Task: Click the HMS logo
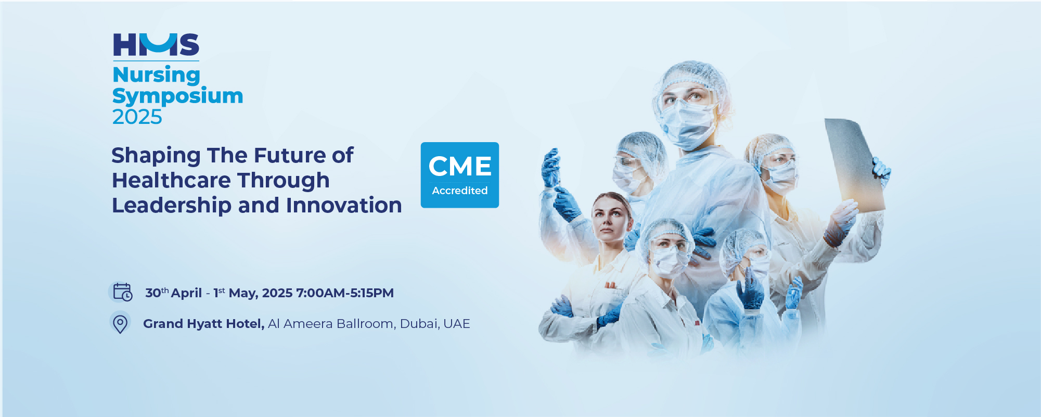(156, 44)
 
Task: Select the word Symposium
(178, 96)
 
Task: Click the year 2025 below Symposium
(137, 117)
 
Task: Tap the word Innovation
(344, 206)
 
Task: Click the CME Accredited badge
(460, 175)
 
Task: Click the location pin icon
(120, 323)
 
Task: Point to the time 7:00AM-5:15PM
(345, 293)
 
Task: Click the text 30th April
(173, 293)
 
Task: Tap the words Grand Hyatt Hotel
(204, 324)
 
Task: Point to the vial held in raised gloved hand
(550, 167)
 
